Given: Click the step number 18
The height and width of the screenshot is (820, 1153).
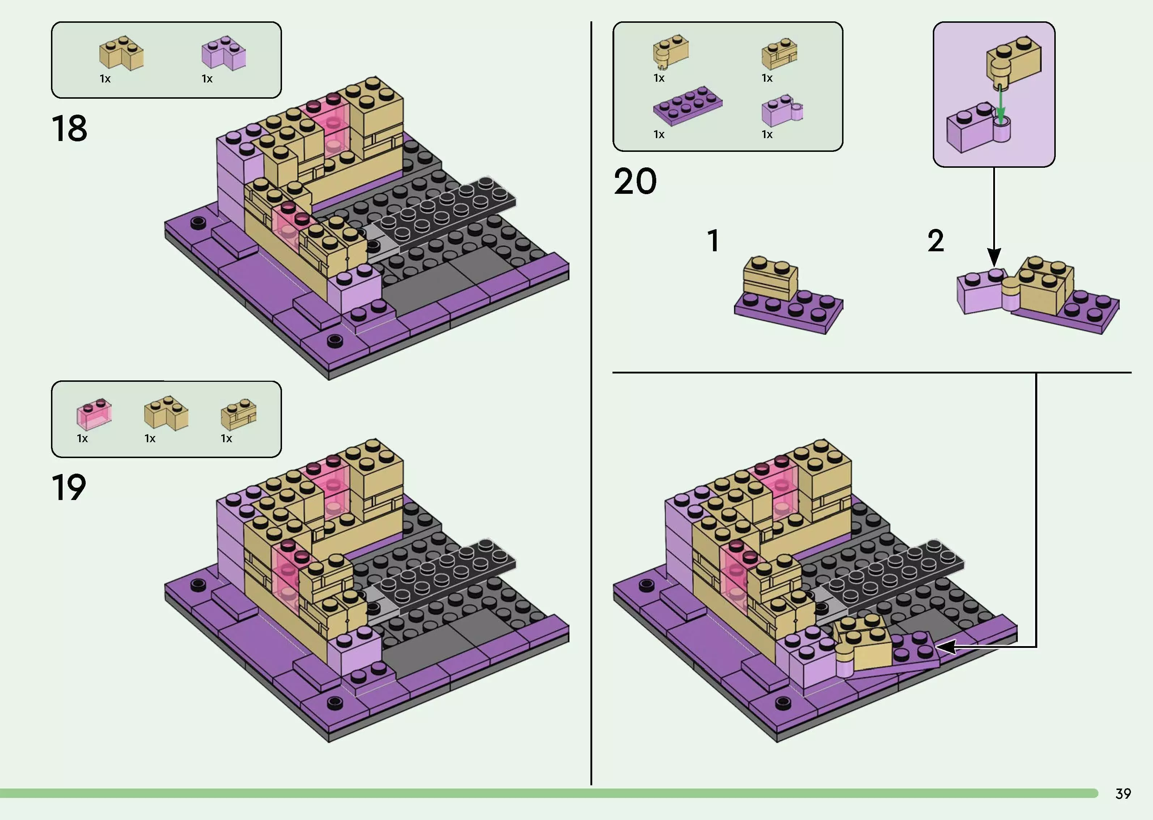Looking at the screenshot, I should click(69, 128).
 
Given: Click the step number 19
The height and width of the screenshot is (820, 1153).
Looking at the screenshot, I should click(69, 488).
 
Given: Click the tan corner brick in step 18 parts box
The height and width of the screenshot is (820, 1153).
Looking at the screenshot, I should click(121, 54).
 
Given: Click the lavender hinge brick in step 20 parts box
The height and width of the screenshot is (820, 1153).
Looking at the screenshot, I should click(781, 111).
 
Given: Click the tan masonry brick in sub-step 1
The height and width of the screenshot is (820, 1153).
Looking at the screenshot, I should click(769, 279).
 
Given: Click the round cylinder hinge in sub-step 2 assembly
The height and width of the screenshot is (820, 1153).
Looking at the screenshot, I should click(1010, 294).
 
